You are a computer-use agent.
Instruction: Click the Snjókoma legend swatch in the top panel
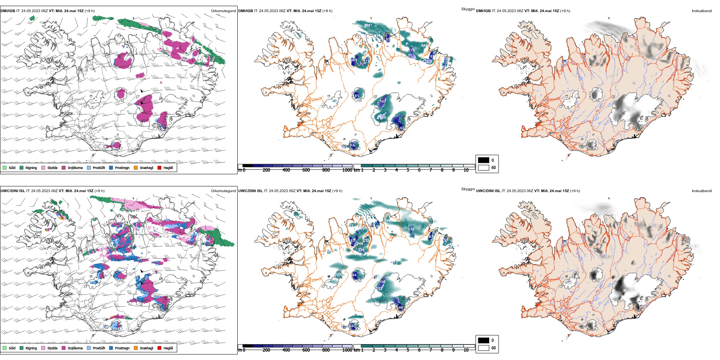click(x=64, y=167)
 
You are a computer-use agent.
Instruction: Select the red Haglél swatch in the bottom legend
click(x=160, y=348)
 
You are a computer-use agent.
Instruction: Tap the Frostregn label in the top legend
click(x=122, y=168)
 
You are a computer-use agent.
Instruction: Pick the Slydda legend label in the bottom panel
click(x=52, y=348)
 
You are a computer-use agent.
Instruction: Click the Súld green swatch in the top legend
click(x=5, y=167)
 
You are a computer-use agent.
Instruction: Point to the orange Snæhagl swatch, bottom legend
click(x=136, y=348)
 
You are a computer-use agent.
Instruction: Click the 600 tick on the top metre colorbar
click(x=306, y=170)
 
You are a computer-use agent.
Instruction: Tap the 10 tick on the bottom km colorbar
click(x=466, y=350)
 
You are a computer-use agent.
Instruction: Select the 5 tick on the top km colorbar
click(x=408, y=170)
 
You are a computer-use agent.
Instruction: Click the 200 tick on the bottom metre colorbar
click(x=266, y=350)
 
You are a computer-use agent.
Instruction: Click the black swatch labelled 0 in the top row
click(x=484, y=160)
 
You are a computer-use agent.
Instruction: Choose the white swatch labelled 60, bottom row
click(x=484, y=347)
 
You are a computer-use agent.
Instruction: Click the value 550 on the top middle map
click(x=383, y=117)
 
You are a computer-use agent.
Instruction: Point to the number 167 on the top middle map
click(x=383, y=101)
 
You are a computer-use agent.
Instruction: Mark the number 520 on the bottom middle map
click(x=338, y=274)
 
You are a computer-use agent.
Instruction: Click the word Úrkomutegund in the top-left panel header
click(x=223, y=11)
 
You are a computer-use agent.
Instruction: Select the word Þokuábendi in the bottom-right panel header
click(x=702, y=191)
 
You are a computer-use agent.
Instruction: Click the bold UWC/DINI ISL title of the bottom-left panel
click(x=13, y=191)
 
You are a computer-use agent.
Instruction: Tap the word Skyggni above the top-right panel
click(x=468, y=9)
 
